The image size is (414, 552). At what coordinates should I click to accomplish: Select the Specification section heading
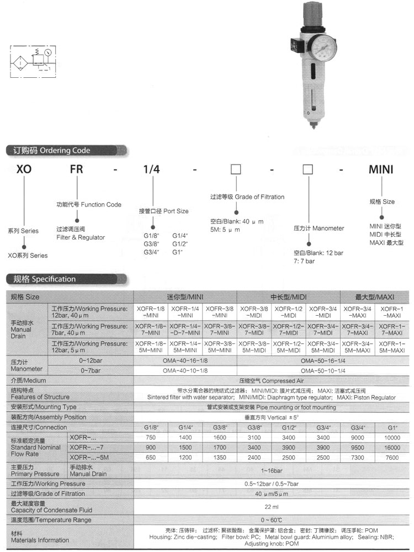pos(44,279)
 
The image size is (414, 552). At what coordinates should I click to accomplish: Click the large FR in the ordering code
pos(76,169)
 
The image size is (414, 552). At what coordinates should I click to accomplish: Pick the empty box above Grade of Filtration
pos(236,169)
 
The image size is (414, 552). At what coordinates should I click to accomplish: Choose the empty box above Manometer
pos(309,169)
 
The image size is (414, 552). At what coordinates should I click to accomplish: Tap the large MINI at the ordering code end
pos(381,169)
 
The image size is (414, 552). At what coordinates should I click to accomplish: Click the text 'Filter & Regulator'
pos(81,237)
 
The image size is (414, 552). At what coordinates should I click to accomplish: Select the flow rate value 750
pos(151,437)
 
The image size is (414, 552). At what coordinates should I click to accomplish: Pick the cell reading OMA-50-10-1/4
pos(323,370)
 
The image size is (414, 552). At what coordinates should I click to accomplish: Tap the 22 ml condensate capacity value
pos(271,507)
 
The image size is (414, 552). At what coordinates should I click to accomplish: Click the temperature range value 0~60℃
pos(271,520)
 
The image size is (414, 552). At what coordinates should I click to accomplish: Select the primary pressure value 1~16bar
pos(271,470)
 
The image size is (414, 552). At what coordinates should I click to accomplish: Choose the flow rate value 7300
pos(357,457)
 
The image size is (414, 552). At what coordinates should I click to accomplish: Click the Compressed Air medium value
pos(271,380)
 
